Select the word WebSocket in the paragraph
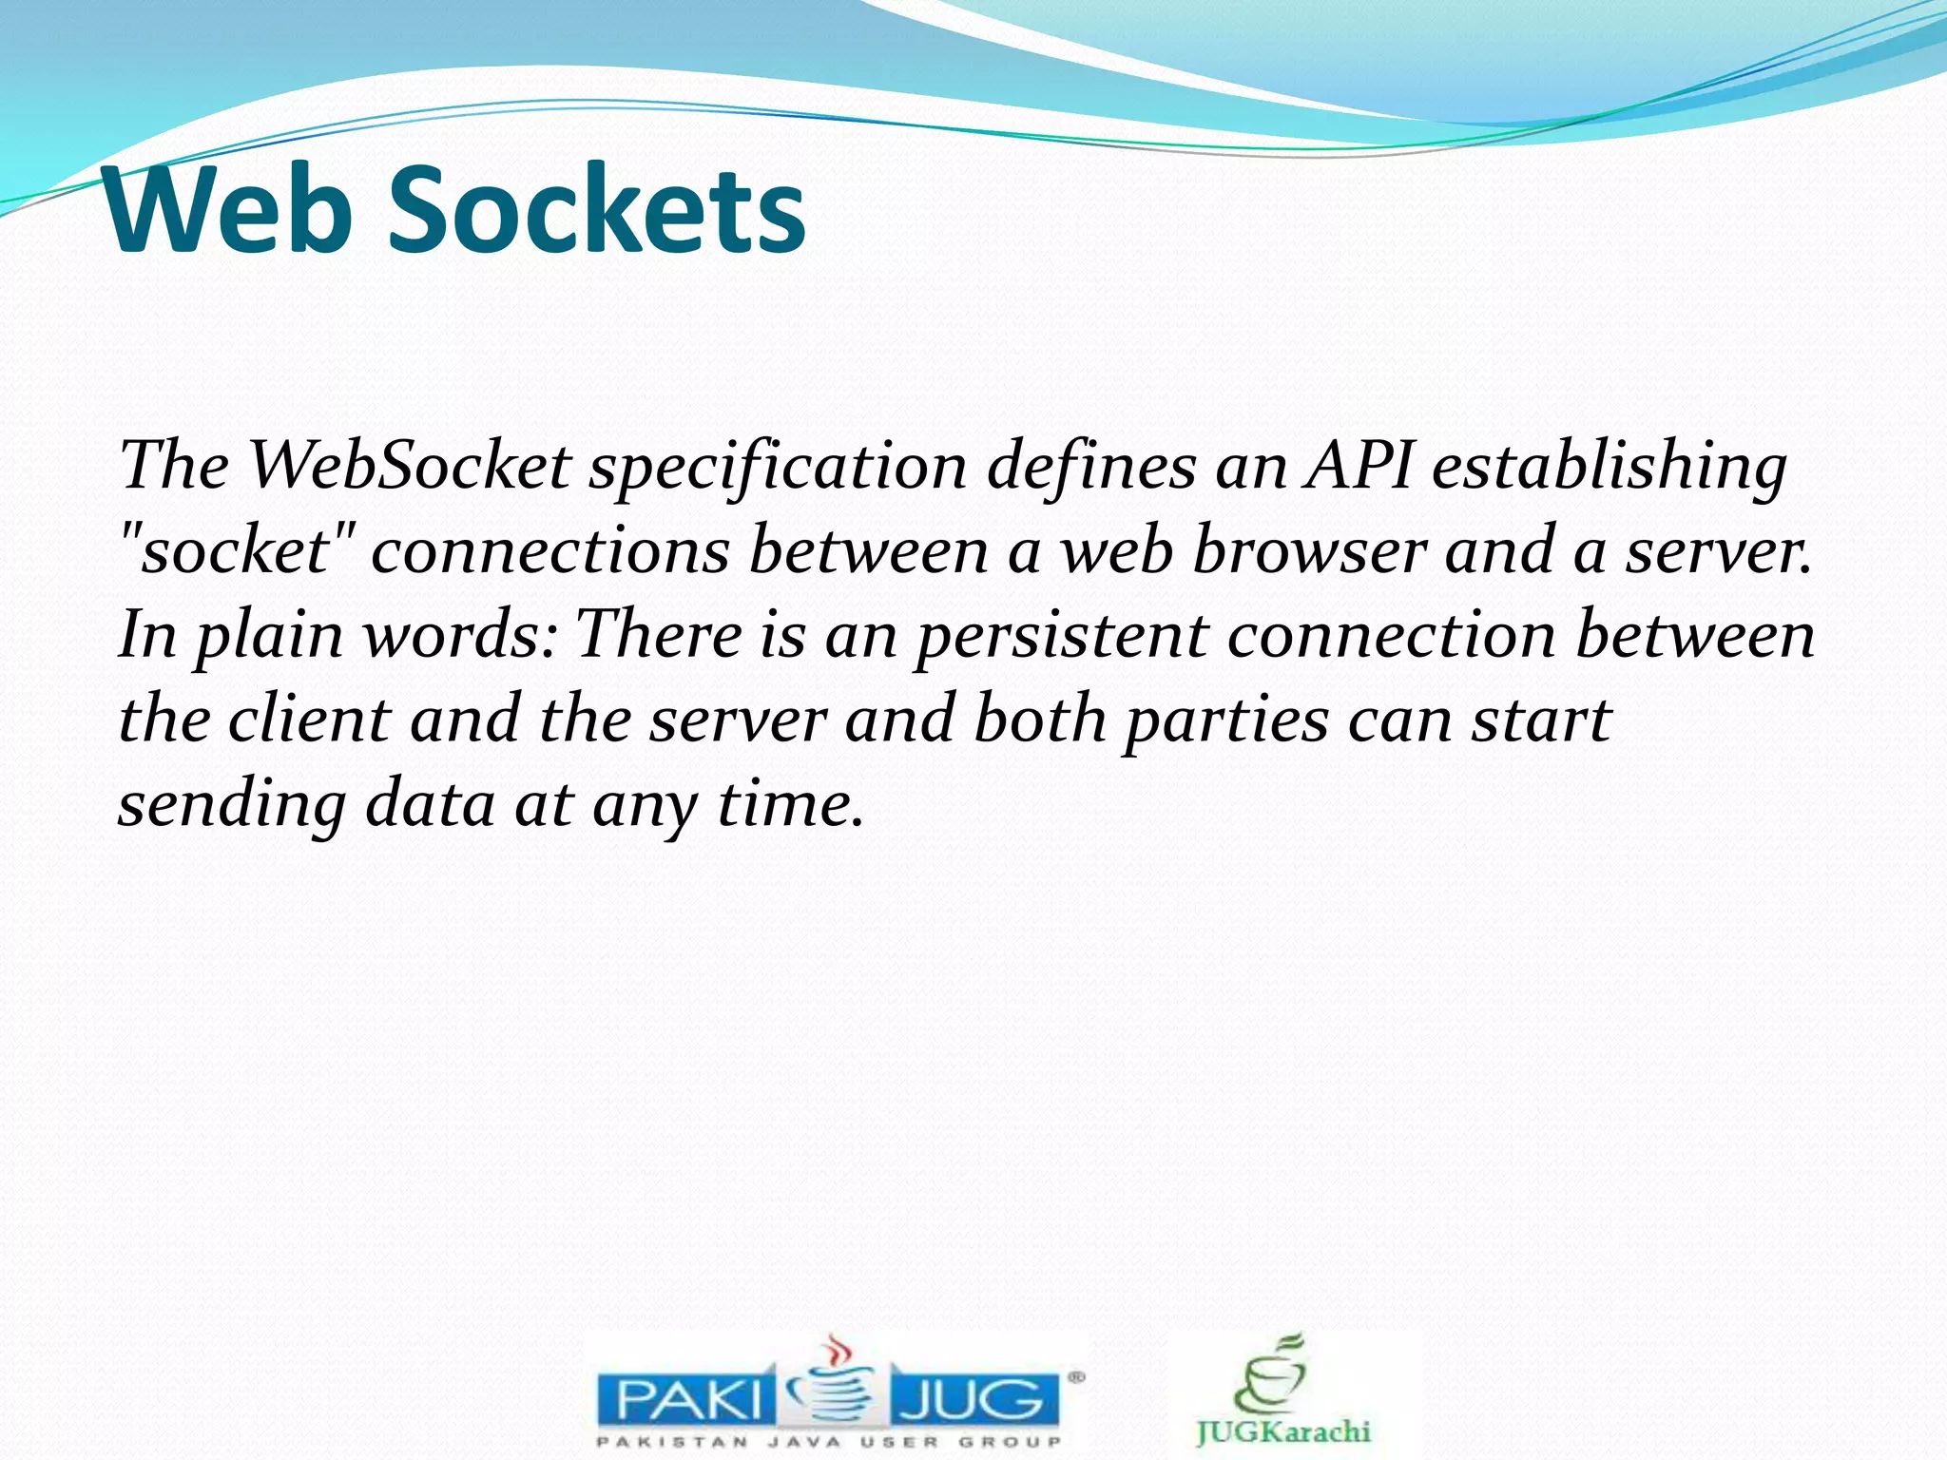(410, 467)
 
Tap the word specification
(778, 469)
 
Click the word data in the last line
(430, 804)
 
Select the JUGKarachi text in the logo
(1283, 1431)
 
